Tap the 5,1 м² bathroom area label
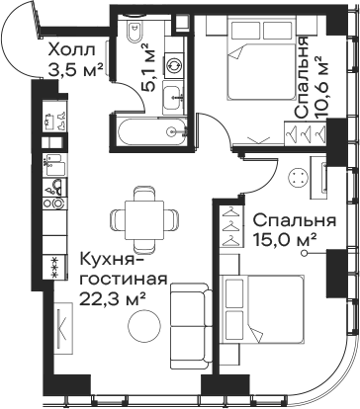[x=143, y=66]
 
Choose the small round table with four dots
[x=271, y=179]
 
